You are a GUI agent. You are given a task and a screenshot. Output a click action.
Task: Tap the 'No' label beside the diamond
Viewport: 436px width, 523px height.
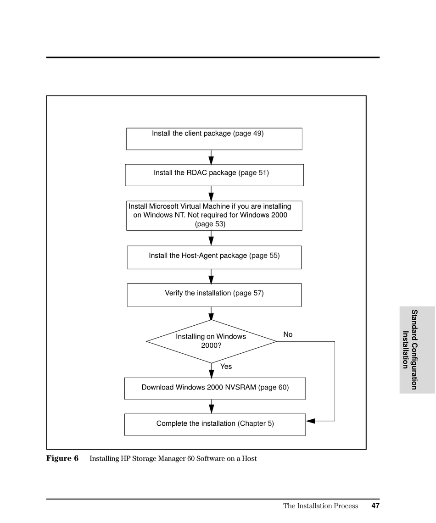(288, 334)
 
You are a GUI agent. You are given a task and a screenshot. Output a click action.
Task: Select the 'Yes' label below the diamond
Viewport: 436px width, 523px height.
(226, 366)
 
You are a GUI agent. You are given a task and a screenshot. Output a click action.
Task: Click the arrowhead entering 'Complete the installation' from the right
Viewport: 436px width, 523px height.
(310, 421)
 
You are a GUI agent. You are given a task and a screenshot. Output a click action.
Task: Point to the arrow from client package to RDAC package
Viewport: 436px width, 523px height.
(211, 157)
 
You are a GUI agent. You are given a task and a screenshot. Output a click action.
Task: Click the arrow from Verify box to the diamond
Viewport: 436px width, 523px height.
(211, 313)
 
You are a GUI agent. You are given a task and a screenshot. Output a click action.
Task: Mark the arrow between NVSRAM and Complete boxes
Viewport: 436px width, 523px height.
(211, 406)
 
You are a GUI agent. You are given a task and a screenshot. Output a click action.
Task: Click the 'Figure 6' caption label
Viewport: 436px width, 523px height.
(62, 458)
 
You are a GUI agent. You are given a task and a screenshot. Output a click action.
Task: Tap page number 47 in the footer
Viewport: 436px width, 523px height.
(375, 506)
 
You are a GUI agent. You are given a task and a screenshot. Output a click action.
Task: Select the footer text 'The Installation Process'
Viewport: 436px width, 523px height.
(321, 506)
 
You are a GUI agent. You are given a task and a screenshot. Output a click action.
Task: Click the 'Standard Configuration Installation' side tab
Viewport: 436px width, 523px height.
(417, 350)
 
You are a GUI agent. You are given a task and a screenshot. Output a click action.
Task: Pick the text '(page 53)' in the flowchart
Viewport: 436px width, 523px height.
(210, 224)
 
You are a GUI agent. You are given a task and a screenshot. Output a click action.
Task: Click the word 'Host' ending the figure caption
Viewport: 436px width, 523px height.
(249, 458)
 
